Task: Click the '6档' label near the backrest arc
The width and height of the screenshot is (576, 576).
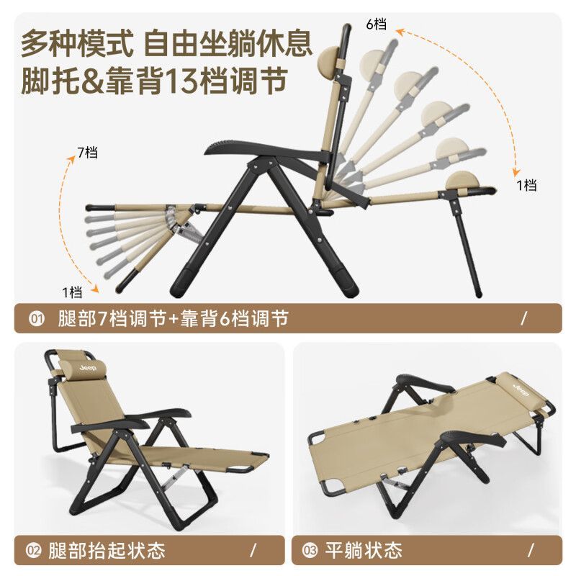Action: coord(376,24)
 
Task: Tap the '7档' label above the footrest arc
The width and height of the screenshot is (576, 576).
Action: coord(87,152)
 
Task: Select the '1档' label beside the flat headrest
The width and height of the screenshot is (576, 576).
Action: coord(526,185)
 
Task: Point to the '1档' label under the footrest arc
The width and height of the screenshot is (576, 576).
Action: coord(71,292)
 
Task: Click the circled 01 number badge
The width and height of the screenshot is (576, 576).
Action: coord(36,318)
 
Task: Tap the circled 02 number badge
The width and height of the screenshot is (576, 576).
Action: coord(33,550)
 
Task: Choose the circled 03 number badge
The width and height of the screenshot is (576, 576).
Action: coord(310,550)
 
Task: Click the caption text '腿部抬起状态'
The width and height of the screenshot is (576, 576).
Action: coord(107,550)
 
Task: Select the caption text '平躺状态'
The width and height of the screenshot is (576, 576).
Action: coord(364,550)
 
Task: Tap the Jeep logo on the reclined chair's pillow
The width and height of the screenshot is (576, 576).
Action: coord(87,368)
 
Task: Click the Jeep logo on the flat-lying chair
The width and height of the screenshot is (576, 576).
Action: coord(521,390)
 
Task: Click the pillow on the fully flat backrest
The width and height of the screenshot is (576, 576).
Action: coord(462,180)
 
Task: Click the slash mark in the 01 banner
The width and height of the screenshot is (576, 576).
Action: coord(524,318)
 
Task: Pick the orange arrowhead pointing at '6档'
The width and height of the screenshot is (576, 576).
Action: coord(400,32)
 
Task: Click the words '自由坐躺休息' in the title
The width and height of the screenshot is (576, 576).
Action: coord(228,44)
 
